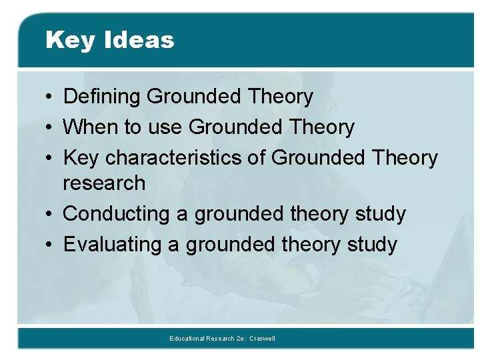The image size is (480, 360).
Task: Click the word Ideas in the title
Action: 139,40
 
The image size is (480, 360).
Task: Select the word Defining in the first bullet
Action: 102,97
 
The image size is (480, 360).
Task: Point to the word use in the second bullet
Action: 166,127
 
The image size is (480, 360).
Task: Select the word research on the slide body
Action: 104,183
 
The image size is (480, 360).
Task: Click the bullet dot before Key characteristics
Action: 51,159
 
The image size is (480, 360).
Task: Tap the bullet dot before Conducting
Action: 51,215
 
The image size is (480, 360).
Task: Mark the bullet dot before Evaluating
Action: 51,245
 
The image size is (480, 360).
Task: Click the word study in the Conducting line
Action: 380,215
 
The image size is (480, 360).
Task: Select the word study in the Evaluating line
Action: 371,245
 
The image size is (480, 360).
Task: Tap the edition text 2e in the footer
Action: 239,339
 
